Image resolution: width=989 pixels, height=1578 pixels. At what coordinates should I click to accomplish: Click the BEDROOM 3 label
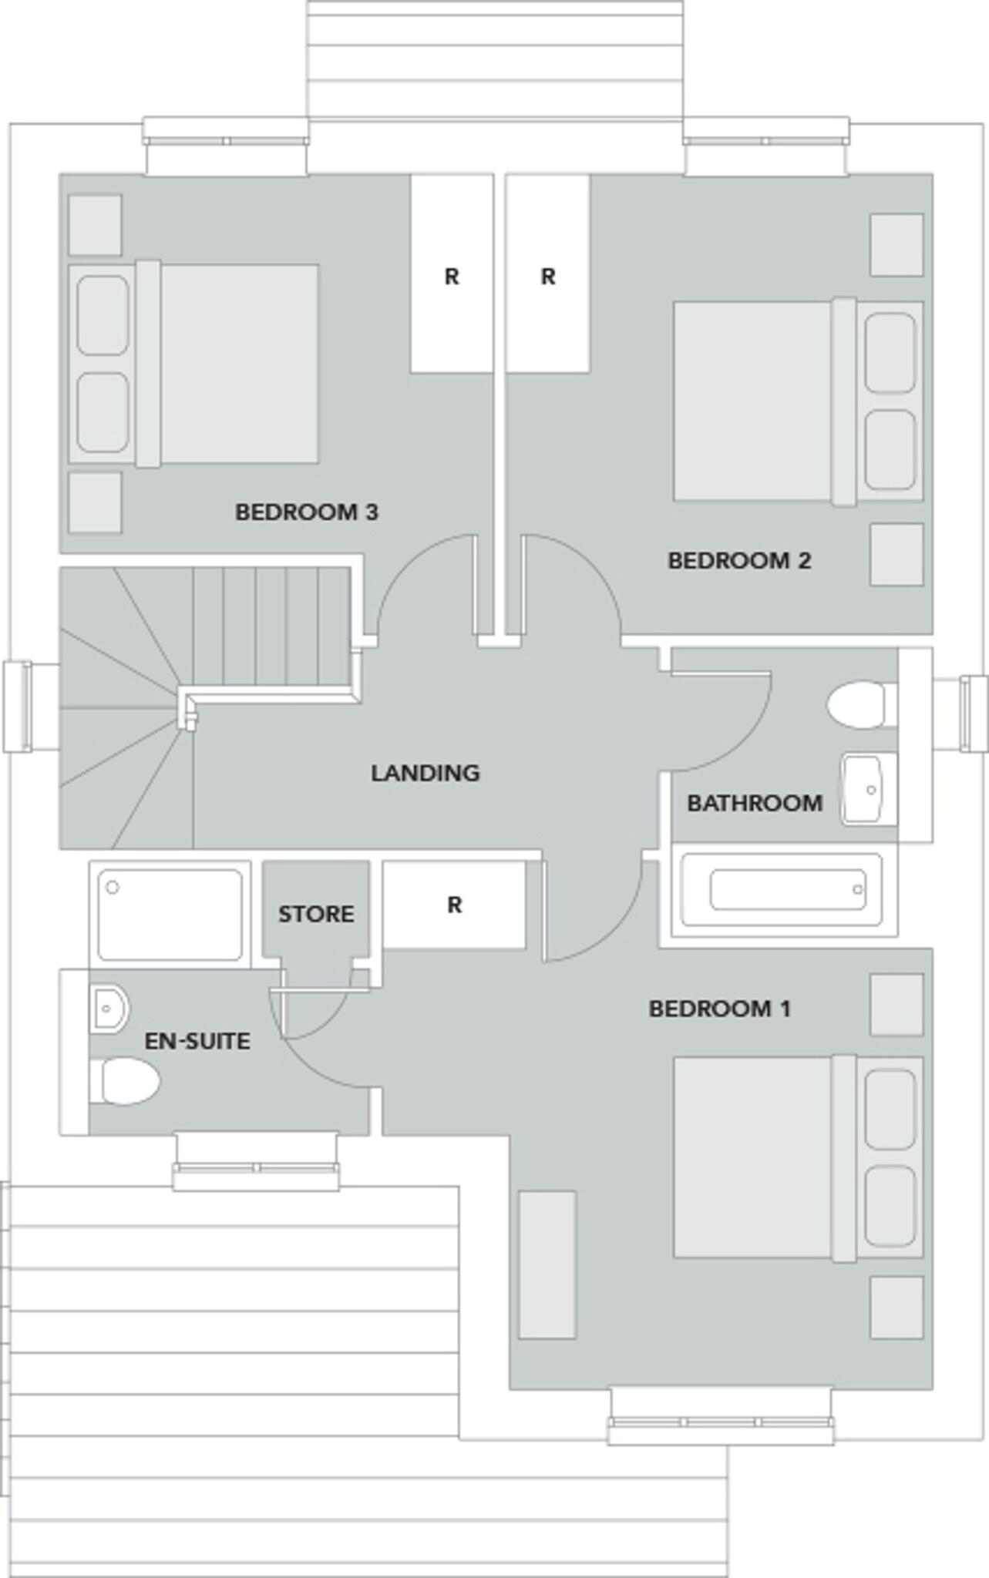point(306,512)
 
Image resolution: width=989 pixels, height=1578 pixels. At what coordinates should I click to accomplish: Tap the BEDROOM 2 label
point(738,561)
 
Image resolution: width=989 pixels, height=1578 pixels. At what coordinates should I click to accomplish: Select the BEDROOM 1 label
point(719,1009)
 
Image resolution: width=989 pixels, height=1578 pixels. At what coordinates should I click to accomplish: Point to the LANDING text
point(425,773)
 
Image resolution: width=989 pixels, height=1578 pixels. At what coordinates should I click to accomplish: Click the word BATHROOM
point(754,804)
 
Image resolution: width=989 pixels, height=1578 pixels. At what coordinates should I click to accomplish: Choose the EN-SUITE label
point(197,1042)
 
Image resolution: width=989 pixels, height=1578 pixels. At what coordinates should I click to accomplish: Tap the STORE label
point(316,915)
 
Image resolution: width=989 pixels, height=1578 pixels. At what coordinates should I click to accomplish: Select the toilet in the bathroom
point(859,703)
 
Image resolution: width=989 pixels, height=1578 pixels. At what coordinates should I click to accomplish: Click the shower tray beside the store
point(170,915)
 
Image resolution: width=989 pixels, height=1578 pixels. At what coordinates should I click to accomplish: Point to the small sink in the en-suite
point(109,1008)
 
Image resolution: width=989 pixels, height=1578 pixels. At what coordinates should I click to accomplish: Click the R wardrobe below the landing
point(454,905)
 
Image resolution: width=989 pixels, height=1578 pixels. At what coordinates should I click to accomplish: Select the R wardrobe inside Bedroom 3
point(451,274)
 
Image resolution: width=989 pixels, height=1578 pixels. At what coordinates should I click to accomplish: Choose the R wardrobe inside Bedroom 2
point(548,274)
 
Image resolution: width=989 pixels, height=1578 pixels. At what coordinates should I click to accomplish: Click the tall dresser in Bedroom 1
point(547,1265)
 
